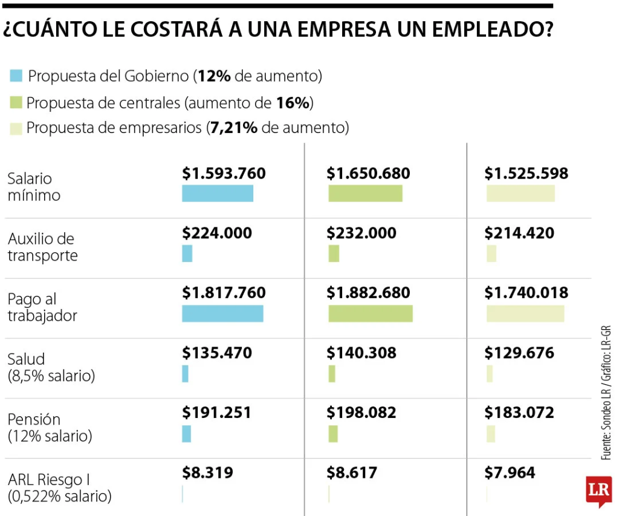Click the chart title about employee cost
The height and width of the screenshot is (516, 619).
coord(278,29)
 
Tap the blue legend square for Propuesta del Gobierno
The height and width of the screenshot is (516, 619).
coord(16,76)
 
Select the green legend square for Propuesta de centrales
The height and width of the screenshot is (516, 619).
coord(16,102)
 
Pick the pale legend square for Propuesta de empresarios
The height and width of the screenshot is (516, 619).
coord(16,128)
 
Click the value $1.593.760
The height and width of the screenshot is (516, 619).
coord(224,174)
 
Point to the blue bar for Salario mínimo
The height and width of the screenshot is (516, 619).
coord(218,193)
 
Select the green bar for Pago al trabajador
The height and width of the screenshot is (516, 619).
coord(371,313)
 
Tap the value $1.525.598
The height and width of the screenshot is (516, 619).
coord(527,174)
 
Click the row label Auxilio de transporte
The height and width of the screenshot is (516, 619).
coord(42,247)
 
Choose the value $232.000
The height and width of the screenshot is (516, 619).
coord(361,233)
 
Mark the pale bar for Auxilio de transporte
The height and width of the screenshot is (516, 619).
coord(491,253)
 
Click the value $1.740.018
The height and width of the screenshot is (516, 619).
coord(527,293)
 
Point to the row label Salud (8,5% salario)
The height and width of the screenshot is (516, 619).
coord(51,367)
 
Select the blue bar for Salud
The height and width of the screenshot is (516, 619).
coord(185,374)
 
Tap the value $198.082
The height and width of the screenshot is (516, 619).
coord(361,413)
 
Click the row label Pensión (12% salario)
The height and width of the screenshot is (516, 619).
coord(50,427)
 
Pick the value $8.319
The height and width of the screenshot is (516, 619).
coord(207,472)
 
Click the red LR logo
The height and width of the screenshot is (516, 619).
coord(598,490)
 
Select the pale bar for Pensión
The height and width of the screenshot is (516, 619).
coord(491,434)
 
